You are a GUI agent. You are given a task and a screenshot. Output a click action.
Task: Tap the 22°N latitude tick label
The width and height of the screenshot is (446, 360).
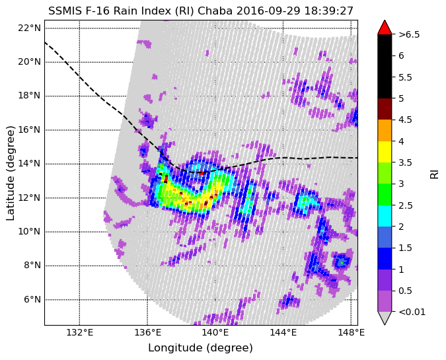28,28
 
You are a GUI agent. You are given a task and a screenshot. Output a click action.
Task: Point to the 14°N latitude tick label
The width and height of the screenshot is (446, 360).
28,163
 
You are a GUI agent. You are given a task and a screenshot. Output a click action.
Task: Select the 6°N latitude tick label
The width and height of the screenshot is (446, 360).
31,299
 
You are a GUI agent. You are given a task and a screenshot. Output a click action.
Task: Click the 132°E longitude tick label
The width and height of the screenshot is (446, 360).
79,333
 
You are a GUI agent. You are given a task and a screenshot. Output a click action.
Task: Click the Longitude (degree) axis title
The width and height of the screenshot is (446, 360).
200,348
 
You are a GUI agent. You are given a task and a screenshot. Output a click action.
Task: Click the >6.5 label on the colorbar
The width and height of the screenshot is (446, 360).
409,34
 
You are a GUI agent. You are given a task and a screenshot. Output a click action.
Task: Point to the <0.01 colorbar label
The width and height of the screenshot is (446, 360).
410,311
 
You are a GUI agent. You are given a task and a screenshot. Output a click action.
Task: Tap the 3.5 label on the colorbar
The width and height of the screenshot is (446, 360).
405,162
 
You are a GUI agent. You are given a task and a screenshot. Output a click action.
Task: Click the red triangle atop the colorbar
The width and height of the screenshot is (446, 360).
385,27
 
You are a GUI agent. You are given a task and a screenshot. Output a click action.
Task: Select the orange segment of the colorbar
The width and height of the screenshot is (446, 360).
385,130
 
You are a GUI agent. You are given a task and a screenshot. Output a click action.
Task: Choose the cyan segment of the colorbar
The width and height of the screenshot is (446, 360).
385,215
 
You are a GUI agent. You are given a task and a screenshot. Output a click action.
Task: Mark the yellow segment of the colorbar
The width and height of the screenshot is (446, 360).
385,151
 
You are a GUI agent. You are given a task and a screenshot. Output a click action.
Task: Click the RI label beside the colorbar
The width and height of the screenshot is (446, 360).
434,173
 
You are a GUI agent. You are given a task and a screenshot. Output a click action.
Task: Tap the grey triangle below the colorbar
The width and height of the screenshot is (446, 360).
385,318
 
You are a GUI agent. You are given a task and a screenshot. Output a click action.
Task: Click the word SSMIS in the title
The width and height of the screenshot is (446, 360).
65,11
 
